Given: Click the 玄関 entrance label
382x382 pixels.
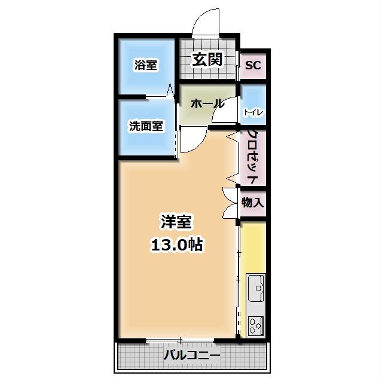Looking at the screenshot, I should (x=207, y=59).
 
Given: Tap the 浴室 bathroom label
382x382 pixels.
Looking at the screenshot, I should (x=145, y=65).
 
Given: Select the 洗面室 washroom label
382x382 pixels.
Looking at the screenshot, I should (x=146, y=127).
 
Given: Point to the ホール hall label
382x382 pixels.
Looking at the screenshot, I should (x=207, y=103).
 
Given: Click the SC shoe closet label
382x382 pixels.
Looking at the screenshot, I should (x=253, y=65).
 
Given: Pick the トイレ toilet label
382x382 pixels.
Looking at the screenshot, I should (x=253, y=112).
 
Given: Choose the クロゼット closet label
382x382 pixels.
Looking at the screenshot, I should (x=253, y=157).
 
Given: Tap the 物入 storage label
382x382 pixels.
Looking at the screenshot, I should (x=253, y=203).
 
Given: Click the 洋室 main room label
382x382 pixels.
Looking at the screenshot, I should (x=175, y=222).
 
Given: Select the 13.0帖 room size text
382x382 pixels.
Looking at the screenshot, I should (x=175, y=244).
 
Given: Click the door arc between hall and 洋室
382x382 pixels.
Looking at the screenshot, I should (x=192, y=141).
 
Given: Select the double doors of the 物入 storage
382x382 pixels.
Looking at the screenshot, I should (x=230, y=203).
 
